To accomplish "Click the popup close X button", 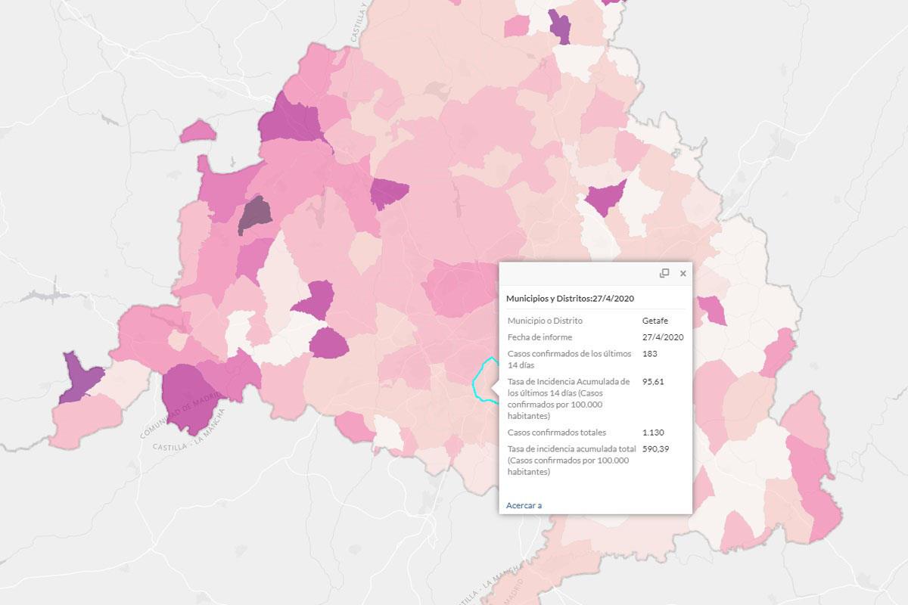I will tap(683, 274).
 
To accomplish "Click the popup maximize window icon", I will tap(664, 274).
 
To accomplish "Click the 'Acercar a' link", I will tap(524, 505).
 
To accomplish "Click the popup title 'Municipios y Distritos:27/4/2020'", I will tap(571, 299).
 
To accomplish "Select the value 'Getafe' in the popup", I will tap(655, 321).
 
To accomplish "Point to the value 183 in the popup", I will tap(649, 353).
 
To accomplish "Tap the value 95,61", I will tap(653, 382).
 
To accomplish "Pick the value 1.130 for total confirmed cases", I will tap(654, 433).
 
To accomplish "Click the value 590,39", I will tap(656, 449).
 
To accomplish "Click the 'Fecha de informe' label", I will tap(540, 337).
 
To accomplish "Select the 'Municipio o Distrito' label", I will tap(545, 321).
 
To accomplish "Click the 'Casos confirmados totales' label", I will tap(557, 433).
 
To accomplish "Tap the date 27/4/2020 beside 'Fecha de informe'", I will tap(663, 337).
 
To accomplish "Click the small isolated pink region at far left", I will tap(198, 131).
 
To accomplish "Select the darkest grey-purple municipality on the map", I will tap(255, 215).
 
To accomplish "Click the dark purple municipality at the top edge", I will tap(560, 27).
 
